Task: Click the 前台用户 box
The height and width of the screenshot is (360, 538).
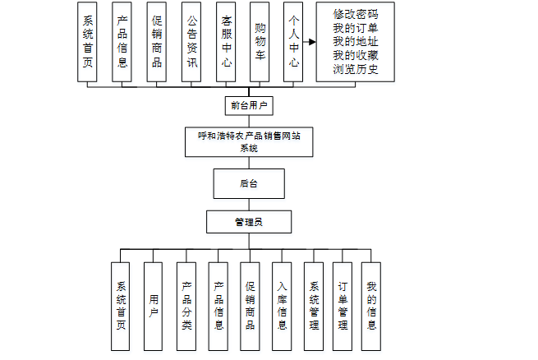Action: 248,105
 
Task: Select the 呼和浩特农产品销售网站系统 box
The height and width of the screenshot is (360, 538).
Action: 248,141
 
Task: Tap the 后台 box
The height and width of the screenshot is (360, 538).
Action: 248,183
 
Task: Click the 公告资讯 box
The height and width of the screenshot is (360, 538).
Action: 191,42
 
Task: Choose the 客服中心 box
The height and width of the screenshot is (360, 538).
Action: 225,42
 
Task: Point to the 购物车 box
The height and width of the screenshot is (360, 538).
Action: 260,42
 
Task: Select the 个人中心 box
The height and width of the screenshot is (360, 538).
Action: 292,42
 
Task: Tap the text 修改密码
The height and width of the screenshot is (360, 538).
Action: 356,15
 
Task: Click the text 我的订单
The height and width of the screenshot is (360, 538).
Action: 356,28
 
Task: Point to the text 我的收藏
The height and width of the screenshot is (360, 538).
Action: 356,55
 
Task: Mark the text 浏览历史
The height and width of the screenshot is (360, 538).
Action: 356,69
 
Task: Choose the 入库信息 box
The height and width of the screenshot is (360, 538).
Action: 282,307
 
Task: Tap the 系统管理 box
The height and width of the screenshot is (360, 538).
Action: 314,307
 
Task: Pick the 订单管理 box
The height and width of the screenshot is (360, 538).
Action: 343,307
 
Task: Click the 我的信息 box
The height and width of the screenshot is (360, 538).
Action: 372,307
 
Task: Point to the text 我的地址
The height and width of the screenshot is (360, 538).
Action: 356,42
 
